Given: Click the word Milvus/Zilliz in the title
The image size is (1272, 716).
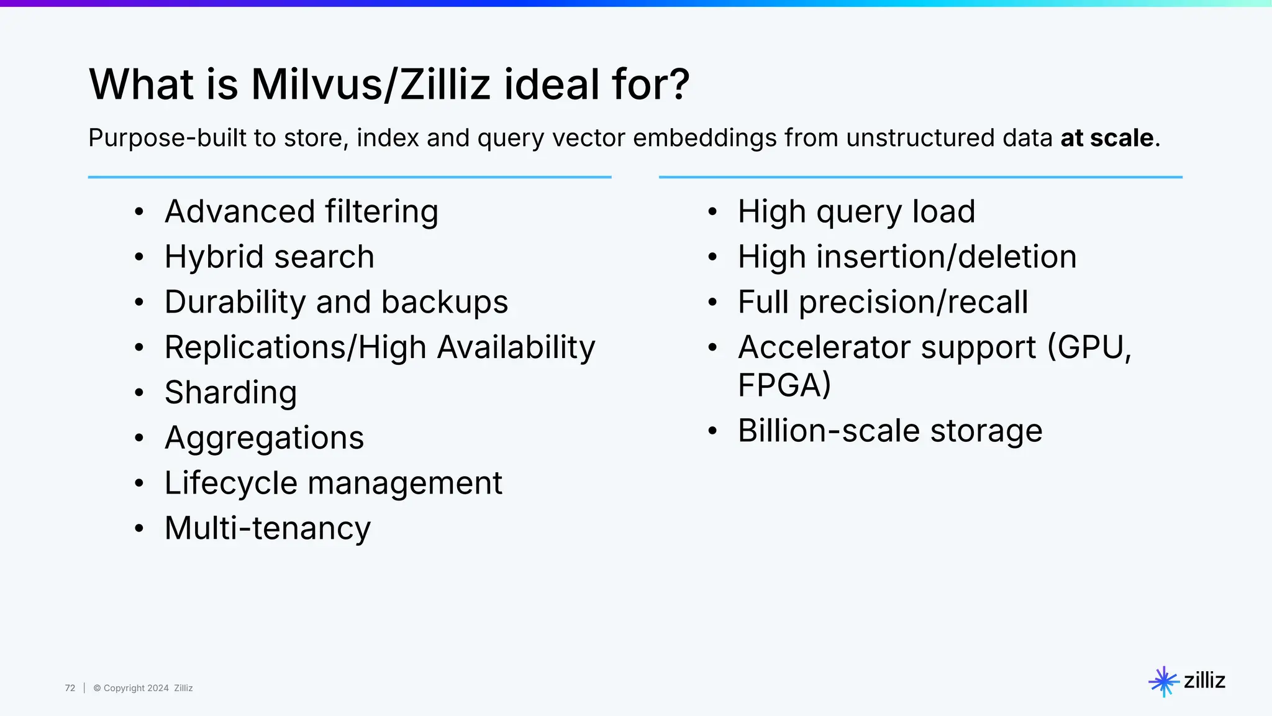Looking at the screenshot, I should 370,85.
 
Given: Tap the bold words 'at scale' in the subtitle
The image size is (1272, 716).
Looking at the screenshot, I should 1107,138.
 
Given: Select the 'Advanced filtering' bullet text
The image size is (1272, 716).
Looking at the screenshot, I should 301,212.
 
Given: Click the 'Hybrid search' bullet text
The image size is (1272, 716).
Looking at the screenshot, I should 269,257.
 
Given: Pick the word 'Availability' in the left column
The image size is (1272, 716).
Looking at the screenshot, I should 516,347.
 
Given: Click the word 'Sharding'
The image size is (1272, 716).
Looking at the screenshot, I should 230,393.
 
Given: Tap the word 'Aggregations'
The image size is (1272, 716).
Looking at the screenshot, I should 264,438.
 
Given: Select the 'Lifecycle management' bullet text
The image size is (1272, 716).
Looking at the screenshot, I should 333,484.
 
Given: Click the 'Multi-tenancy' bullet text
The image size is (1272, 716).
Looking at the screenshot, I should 267,529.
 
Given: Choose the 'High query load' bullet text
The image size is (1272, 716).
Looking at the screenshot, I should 856,212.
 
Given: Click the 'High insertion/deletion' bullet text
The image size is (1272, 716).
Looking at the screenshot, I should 907,257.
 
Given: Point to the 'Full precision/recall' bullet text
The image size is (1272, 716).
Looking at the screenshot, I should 883,303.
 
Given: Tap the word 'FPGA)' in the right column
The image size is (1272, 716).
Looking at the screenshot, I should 784,385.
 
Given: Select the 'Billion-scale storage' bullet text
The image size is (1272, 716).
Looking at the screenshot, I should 889,431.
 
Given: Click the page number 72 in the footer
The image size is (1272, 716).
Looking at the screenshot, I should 70,688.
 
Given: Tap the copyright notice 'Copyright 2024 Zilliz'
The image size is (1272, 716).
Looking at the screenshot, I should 143,688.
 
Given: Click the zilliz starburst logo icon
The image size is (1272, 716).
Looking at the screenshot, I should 1163,681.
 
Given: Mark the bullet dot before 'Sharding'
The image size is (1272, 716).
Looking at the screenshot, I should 139,393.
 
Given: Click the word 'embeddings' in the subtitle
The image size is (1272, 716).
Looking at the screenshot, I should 704,138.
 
